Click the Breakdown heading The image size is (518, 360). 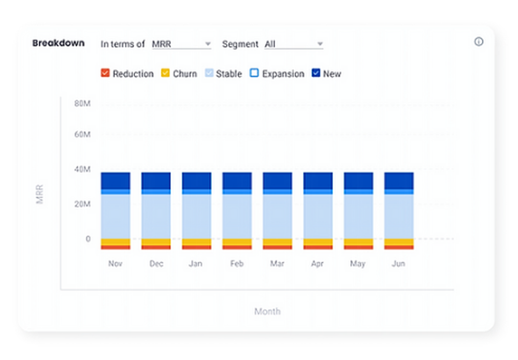58,43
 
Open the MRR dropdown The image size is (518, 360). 181,44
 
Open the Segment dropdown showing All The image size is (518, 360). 293,44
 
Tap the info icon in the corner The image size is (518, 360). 479,42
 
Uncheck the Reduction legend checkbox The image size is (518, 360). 105,74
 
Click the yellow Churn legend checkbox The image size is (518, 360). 165,74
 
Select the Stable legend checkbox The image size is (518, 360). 209,74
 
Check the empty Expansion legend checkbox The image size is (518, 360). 254,74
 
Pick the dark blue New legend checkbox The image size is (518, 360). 315,74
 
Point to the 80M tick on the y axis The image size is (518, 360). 82,104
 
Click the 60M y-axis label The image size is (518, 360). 82,135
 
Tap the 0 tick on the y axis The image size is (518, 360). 88,239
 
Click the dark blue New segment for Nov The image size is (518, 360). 116,181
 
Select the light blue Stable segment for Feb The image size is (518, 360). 237,216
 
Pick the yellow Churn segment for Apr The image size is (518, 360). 318,242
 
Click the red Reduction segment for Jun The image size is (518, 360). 398,247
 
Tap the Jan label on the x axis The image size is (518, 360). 195,264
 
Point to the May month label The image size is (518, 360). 357,264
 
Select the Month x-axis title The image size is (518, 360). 267,311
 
